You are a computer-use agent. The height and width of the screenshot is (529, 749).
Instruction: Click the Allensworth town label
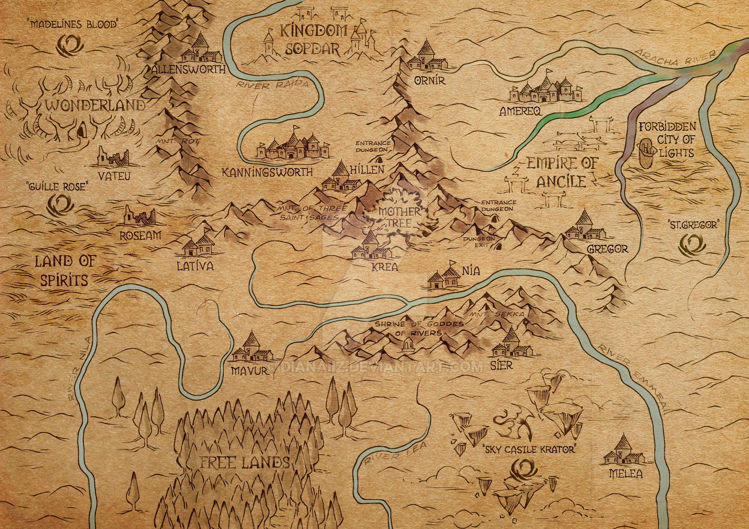(x=189, y=69)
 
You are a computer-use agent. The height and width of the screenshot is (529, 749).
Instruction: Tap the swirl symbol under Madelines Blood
(x=70, y=46)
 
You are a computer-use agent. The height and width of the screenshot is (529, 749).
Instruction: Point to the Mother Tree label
(x=399, y=217)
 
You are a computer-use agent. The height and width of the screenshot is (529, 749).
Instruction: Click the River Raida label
(x=272, y=85)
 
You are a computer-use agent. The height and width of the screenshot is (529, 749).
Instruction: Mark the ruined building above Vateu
(x=112, y=156)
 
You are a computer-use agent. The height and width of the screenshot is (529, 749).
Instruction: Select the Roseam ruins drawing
(x=139, y=216)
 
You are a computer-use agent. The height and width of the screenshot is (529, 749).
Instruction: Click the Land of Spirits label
(x=65, y=271)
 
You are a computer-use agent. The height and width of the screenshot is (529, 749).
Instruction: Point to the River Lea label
(x=396, y=453)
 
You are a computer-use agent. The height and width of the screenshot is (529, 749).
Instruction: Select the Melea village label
(x=626, y=473)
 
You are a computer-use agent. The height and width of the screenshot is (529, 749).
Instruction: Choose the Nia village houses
(x=444, y=277)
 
